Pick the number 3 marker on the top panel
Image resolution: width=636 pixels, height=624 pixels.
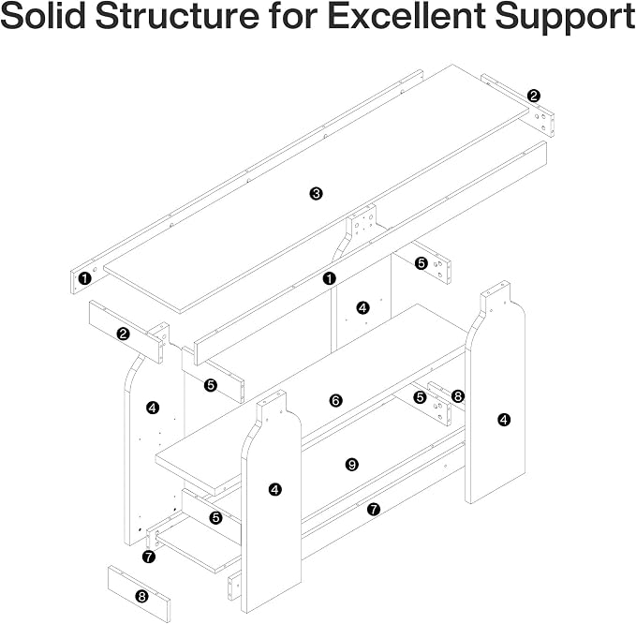[316, 194]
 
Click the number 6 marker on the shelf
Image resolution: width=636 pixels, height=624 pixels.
[336, 401]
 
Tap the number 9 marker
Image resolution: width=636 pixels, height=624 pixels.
[351, 465]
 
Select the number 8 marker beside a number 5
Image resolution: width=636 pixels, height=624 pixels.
[457, 396]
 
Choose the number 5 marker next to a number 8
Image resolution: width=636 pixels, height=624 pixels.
[421, 397]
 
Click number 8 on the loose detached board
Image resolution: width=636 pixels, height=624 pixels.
[141, 597]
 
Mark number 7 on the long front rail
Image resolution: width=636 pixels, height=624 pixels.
[374, 509]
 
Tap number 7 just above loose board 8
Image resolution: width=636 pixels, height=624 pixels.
[149, 557]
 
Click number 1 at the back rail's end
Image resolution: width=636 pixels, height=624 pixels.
[84, 278]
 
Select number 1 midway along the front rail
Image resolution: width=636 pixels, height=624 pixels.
[330, 278]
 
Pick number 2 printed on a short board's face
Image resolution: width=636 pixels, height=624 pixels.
[123, 334]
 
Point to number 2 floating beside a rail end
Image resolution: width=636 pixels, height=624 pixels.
[534, 97]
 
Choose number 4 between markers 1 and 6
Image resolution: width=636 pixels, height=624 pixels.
[362, 308]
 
